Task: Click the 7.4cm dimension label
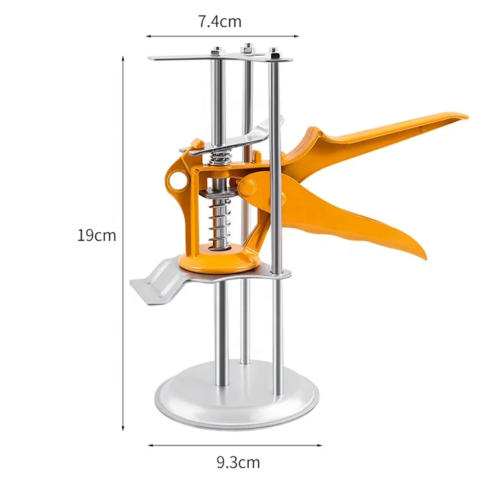(220, 21)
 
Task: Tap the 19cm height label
(97, 235)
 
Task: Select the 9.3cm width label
(238, 463)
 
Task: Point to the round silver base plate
(237, 401)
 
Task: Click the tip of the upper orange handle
(465, 117)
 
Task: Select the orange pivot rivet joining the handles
(248, 187)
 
